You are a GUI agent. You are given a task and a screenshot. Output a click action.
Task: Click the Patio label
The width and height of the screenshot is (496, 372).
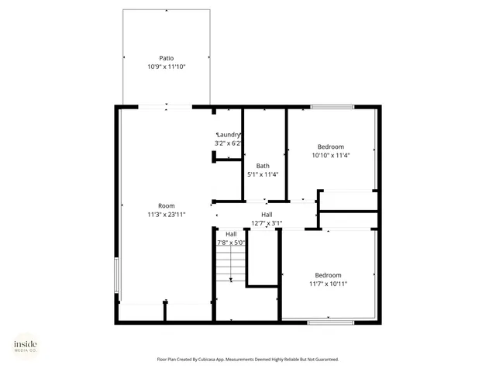pyautogui.click(x=166, y=58)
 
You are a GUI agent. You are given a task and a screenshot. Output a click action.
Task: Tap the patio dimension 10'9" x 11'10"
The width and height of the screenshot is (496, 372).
pyautogui.click(x=166, y=67)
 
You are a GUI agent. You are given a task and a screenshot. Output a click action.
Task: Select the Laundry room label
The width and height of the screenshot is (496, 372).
pyautogui.click(x=229, y=135)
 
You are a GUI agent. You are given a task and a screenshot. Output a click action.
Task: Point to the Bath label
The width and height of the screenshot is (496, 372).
pyautogui.click(x=263, y=166)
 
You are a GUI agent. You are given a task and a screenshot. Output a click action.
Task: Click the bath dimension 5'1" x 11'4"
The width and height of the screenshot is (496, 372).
pyautogui.click(x=263, y=175)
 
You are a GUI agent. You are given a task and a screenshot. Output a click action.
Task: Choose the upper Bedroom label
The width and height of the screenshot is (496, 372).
pyautogui.click(x=331, y=146)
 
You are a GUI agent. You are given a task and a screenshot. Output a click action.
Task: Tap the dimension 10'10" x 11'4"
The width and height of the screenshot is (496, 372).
pyautogui.click(x=331, y=156)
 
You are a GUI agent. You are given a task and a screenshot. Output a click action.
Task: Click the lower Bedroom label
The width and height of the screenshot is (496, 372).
pyautogui.click(x=329, y=275)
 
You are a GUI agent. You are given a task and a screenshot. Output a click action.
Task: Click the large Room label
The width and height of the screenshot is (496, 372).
pyautogui.click(x=166, y=205)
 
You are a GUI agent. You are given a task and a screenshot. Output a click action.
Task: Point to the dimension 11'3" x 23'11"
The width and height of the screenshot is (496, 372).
pyautogui.click(x=166, y=215)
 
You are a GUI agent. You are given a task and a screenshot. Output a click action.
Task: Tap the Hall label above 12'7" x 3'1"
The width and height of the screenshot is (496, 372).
pyautogui.click(x=267, y=215)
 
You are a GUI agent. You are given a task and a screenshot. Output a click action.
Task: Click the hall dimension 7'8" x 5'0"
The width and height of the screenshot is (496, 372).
pyautogui.click(x=231, y=243)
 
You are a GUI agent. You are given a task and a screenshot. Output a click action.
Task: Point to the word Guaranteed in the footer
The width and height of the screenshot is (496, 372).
pyautogui.click(x=324, y=360)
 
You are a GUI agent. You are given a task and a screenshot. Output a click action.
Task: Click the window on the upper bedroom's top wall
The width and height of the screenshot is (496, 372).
pyautogui.click(x=332, y=106)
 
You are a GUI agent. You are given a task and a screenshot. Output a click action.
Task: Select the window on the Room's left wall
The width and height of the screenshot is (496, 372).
pyautogui.click(x=117, y=276)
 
